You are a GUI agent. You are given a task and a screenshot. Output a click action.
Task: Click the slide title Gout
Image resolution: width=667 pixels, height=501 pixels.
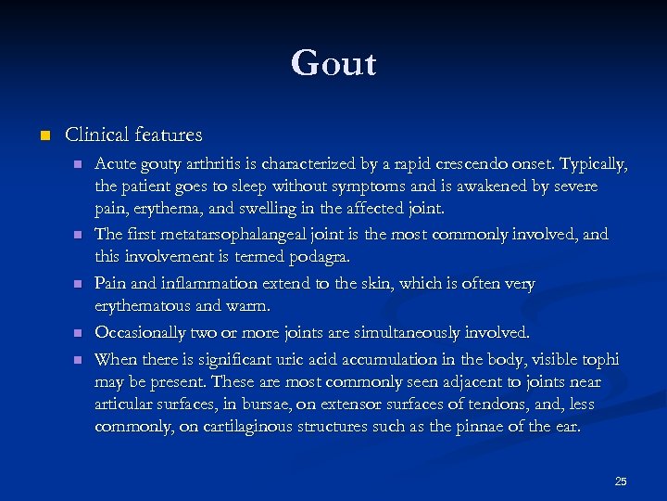333,64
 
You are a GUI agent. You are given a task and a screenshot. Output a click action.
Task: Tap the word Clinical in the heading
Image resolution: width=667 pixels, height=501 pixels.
97,135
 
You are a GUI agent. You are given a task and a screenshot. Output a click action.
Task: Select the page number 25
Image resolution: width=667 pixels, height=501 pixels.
621,481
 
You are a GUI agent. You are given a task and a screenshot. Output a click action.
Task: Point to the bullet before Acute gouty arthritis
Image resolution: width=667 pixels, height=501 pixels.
78,164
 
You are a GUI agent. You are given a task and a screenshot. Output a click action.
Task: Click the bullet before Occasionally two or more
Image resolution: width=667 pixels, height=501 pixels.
78,332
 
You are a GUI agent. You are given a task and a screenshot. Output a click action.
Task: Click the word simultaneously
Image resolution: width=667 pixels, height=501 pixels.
404,332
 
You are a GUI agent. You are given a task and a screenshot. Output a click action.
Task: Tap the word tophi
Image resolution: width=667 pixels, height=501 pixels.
600,359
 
